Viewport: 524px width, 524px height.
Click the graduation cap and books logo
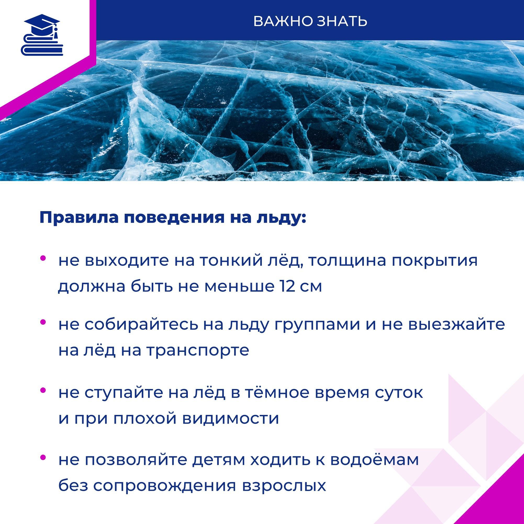pyautogui.click(x=42, y=35)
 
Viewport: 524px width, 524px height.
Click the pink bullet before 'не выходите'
pyautogui.click(x=43, y=258)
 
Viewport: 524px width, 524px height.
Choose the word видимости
pyautogui.click(x=230, y=419)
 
